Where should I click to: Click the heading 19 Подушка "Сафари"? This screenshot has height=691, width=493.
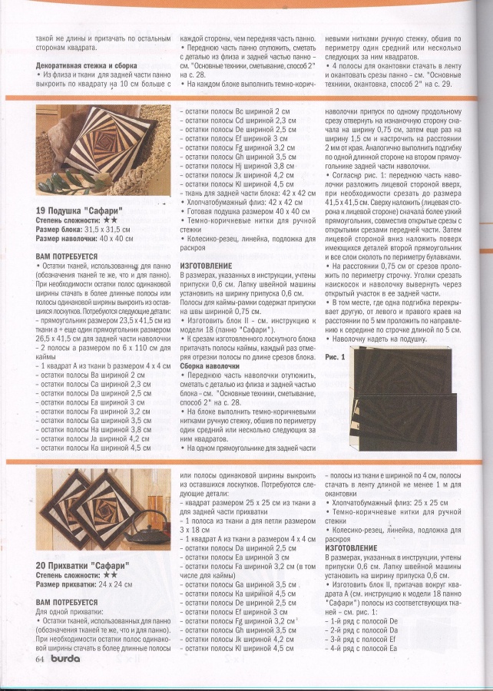click(82, 210)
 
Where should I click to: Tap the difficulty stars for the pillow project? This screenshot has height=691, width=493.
click(111, 219)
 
